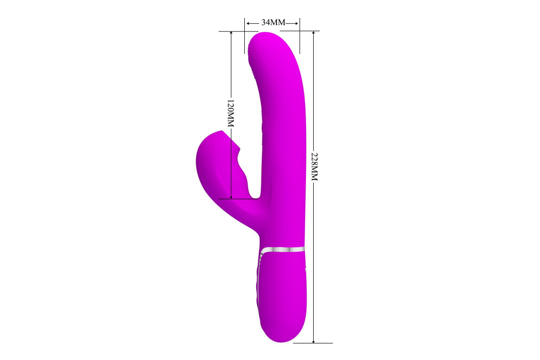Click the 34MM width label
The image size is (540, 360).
(x=274, y=22)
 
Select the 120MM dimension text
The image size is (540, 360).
(x=231, y=113)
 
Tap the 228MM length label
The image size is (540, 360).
(x=315, y=166)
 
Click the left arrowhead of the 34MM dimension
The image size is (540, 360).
(x=248, y=23)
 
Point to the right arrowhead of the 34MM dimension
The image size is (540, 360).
(x=297, y=23)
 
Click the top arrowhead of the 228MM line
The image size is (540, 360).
(x=313, y=33)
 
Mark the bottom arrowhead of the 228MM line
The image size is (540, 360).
(x=313, y=341)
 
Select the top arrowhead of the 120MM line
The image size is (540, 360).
(x=231, y=33)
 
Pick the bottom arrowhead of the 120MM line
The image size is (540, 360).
(x=231, y=197)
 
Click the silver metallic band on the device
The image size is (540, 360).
(x=283, y=250)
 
